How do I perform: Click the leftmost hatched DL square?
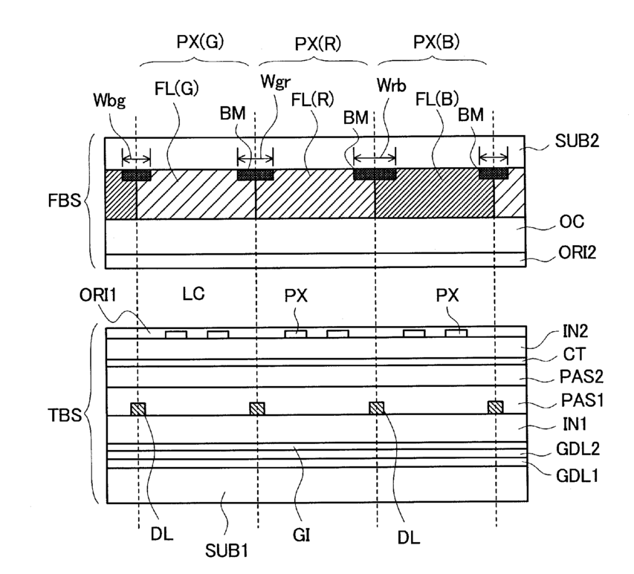(138, 408)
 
